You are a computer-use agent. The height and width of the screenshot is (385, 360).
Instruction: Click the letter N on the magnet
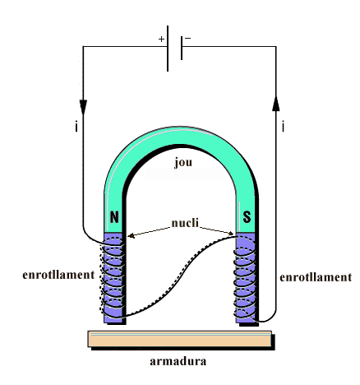pos(114,217)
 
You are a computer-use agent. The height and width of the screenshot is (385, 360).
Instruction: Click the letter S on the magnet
pos(247,217)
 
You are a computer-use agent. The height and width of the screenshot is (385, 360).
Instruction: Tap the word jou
pos(183,163)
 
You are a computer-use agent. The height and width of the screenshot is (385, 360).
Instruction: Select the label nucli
pos(185,223)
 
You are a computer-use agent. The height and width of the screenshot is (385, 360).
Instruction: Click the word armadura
pos(178,361)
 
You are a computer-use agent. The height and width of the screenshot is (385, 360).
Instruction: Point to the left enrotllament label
pos(58,275)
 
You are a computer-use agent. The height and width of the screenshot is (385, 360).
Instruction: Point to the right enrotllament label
pos(316,277)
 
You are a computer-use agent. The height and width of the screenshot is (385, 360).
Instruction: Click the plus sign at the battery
pos(161,39)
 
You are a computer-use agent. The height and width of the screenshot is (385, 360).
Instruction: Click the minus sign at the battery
pos(188,39)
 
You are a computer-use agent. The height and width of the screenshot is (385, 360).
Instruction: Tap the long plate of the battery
pos(168,49)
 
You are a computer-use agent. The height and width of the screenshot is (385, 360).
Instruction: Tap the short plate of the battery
pos(182,48)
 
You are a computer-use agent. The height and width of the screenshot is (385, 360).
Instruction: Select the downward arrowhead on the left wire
pos(83,107)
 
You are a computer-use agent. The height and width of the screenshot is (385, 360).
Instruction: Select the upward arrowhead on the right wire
pos(276,103)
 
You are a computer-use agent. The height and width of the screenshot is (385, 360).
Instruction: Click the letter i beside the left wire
pos(76,127)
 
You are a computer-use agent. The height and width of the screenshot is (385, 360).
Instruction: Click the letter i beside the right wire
pos(283,127)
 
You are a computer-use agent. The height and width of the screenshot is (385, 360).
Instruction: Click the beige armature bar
pos(180,339)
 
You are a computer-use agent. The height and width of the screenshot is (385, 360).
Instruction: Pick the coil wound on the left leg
pos(113,277)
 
